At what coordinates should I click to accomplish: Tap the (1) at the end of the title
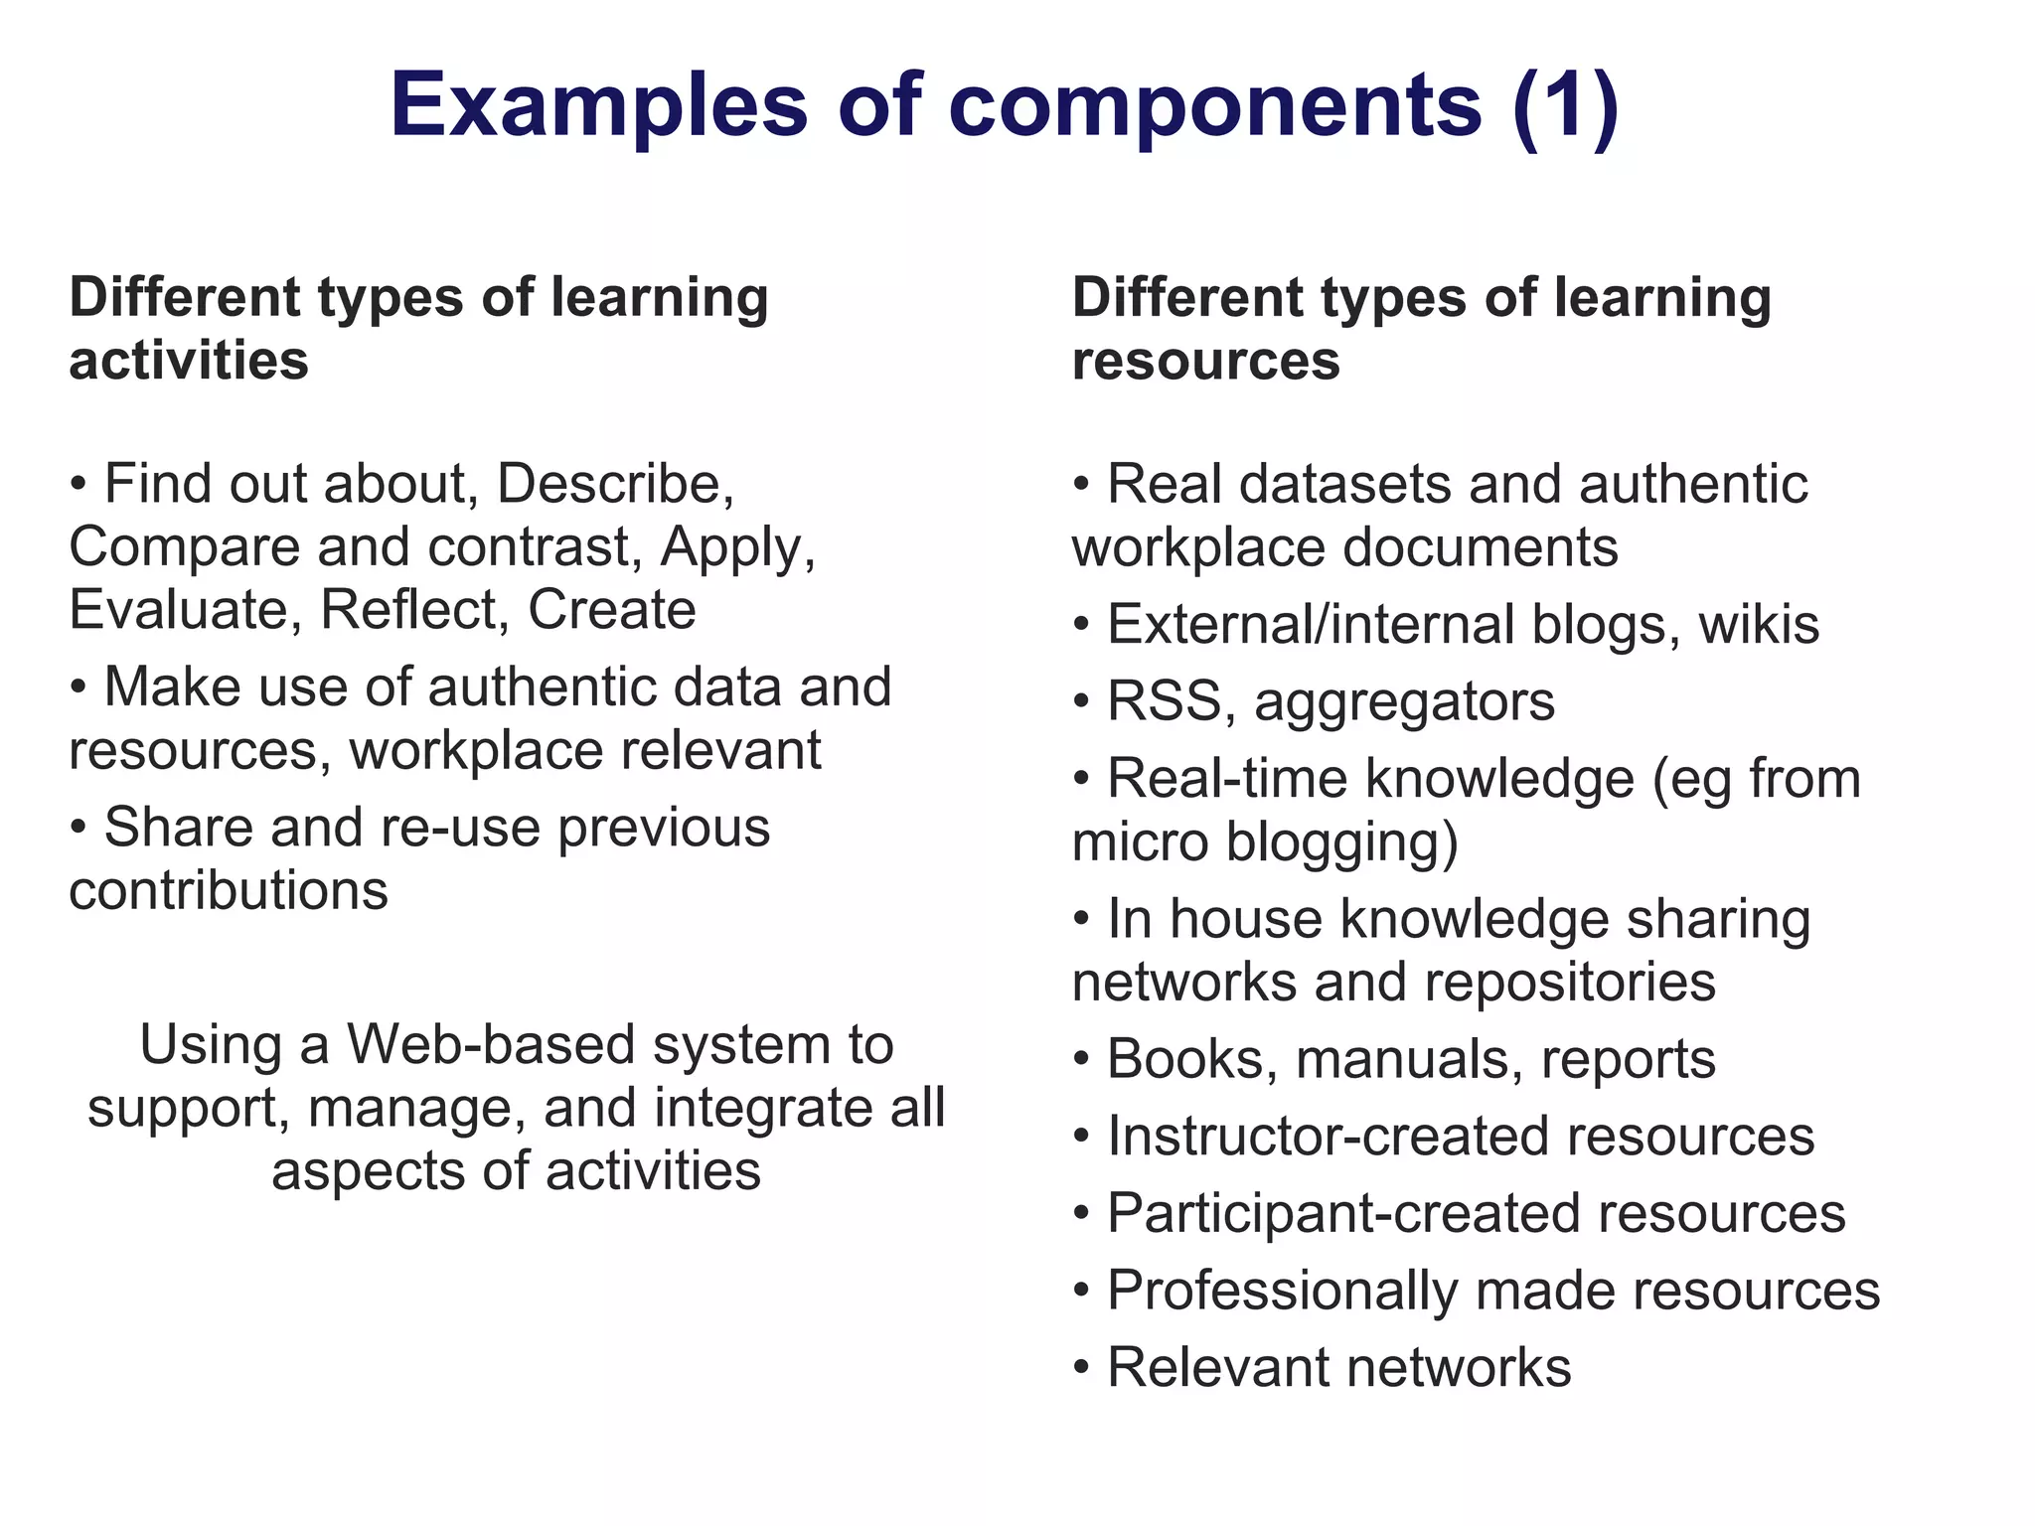point(1566,105)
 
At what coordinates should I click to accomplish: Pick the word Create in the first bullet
point(611,609)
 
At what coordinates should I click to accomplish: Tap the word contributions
point(229,890)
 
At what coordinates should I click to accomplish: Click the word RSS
point(1164,701)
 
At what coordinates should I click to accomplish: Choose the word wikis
point(1759,625)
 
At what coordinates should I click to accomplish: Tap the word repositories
point(1570,984)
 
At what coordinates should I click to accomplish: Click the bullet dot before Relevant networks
point(1082,1369)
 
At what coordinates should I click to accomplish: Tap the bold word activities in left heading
point(189,360)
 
